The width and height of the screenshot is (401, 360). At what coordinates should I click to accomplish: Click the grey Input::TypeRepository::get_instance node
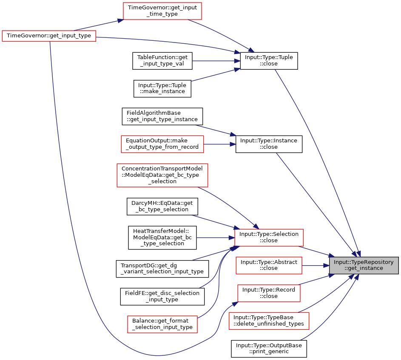click(364, 265)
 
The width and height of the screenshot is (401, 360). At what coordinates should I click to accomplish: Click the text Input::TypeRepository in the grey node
click(364, 262)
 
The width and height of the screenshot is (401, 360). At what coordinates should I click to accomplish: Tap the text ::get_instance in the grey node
click(364, 268)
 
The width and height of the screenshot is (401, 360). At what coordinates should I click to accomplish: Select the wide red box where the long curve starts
click(48, 36)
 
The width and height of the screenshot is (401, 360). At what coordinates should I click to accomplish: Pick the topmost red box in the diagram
click(162, 11)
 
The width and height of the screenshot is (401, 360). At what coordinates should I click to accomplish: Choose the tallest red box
click(162, 175)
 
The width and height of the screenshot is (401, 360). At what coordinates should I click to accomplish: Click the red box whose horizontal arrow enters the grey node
click(269, 266)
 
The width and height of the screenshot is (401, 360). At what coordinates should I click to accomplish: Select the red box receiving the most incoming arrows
click(269, 238)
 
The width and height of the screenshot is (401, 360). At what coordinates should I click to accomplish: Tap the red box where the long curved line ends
click(269, 293)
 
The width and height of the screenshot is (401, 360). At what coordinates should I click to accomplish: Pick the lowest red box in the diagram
click(162, 324)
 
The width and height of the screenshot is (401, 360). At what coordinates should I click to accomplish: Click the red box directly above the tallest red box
click(162, 144)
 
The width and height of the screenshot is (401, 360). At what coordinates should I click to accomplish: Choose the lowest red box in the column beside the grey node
click(269, 321)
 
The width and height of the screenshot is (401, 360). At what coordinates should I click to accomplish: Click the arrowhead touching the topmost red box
click(120, 20)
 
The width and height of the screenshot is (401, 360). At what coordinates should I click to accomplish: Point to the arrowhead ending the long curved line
click(235, 303)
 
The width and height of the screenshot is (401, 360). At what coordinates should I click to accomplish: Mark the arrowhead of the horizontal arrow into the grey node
click(326, 266)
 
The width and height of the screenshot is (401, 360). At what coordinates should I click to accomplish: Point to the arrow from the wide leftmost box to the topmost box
click(98, 25)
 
